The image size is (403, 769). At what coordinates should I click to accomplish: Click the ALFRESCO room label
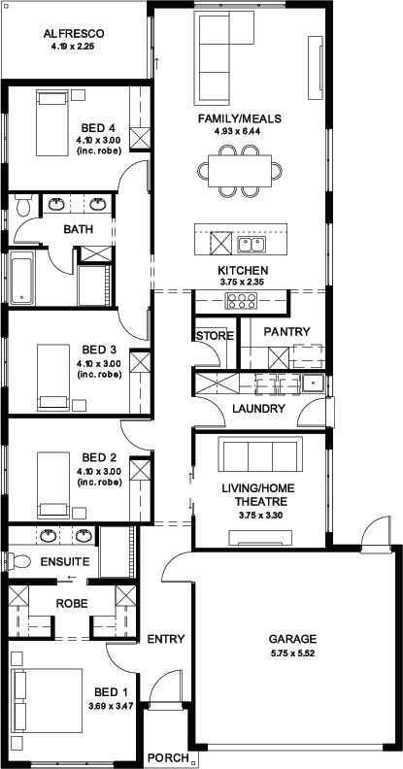[74, 34]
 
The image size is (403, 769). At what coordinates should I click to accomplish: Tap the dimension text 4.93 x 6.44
[240, 131]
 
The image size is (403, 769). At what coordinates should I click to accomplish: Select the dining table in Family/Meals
[240, 171]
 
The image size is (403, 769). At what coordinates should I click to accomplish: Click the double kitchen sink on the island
[252, 244]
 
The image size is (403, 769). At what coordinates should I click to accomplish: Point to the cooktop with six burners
[241, 301]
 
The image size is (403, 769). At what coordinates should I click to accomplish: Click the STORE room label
[215, 336]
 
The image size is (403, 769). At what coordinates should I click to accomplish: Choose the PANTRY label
[286, 332]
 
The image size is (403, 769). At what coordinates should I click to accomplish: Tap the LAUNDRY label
[258, 409]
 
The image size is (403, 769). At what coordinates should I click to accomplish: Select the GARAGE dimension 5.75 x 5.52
[292, 653]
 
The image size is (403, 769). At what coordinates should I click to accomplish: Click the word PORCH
[168, 757]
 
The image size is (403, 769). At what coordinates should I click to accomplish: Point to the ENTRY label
[166, 639]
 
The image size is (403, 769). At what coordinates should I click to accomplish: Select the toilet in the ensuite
[18, 561]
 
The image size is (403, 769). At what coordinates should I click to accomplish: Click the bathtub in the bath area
[22, 277]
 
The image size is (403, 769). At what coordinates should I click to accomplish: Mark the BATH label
[78, 229]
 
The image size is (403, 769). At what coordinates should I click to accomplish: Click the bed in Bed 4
[52, 122]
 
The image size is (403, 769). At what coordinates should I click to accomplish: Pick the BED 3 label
[99, 350]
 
